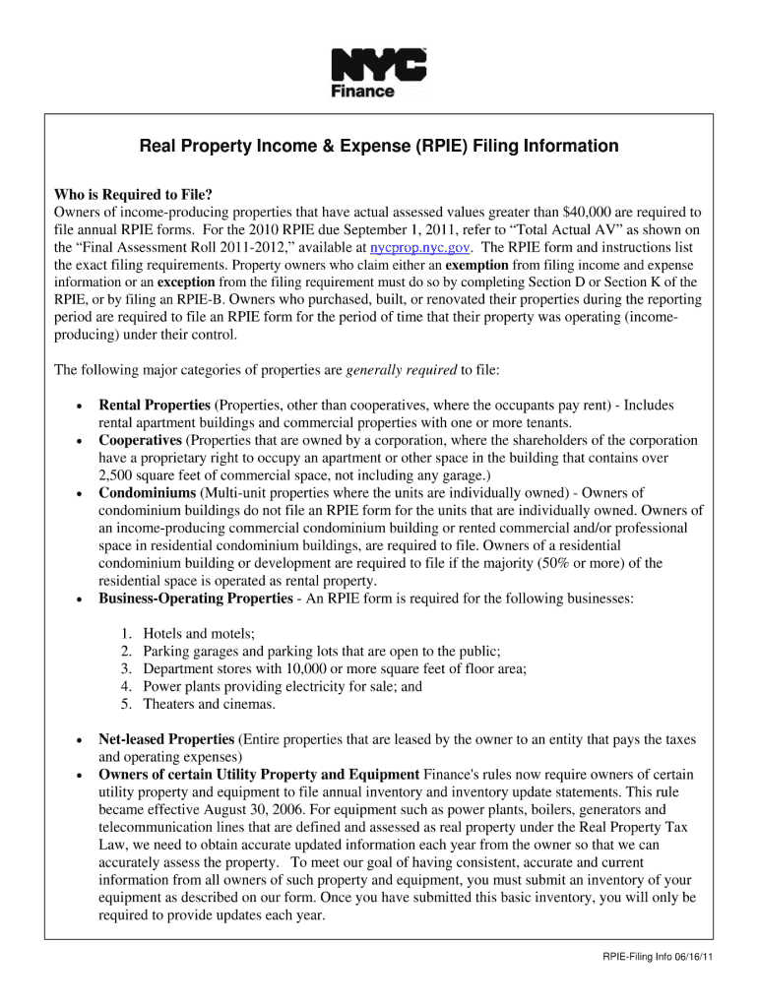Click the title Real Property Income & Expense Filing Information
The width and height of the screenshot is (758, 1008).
(x=379, y=147)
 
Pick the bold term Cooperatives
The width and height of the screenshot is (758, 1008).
(x=140, y=440)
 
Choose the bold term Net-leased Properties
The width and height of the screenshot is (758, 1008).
(x=165, y=739)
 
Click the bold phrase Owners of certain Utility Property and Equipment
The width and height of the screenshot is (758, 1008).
(x=259, y=775)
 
